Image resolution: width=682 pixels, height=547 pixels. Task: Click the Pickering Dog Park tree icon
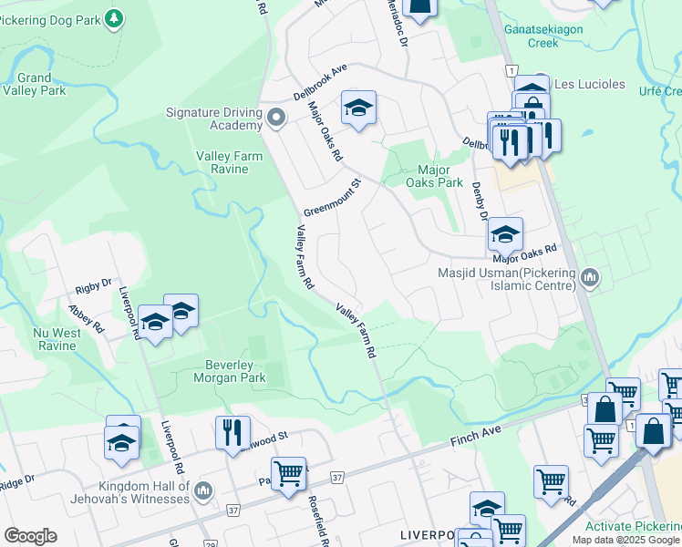tap(113, 19)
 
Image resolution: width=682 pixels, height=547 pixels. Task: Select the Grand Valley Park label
tap(34, 85)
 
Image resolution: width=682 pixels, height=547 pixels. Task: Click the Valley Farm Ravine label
tap(229, 162)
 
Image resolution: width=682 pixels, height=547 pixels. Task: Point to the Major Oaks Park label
tap(439, 176)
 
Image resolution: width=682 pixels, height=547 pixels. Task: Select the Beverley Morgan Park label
tap(229, 371)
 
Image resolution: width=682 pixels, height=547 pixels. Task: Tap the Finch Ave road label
tap(477, 441)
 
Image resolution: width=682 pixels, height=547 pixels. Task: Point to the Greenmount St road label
tap(333, 196)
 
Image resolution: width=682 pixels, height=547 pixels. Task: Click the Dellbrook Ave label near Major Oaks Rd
tap(320, 82)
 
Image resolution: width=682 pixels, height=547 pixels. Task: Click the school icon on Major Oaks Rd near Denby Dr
tap(505, 235)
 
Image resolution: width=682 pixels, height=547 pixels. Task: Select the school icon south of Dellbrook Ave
tap(359, 108)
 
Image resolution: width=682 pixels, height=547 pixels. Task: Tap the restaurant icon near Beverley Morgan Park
tap(233, 430)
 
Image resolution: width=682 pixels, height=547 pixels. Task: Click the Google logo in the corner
tap(30, 536)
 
